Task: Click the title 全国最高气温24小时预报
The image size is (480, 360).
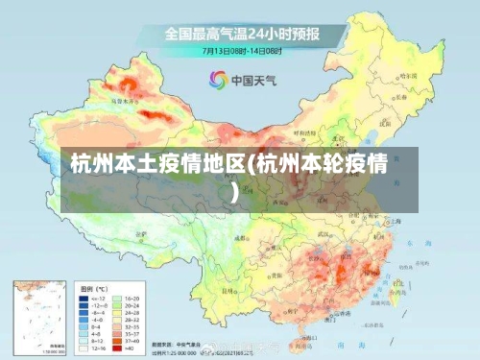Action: (241, 33)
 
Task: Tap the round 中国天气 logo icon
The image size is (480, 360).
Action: (219, 80)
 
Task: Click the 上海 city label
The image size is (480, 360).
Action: (396, 220)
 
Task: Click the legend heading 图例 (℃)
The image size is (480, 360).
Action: (94, 288)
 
